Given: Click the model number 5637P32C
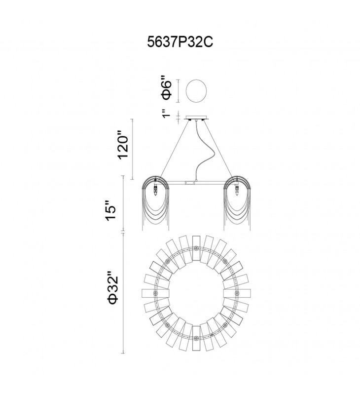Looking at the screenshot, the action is coord(180,42).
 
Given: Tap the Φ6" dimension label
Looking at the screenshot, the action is coord(167,87).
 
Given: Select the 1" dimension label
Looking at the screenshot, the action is coord(166,114).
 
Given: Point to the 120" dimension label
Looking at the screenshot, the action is coord(123,145).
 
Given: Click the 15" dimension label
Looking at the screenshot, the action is coord(110,211).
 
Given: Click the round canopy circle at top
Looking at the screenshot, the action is coord(196,91).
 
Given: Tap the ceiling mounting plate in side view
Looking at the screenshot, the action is coord(196,118).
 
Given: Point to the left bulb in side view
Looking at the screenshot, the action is coord(155,191).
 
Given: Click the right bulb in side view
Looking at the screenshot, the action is coord(237,191).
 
